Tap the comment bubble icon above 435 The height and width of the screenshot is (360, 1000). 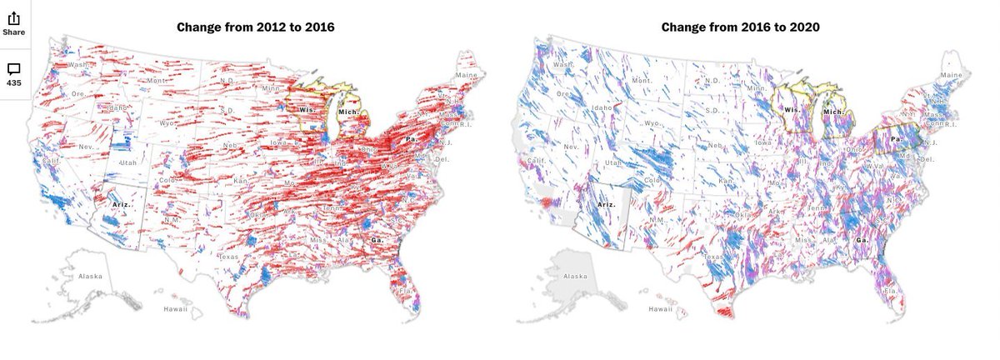click(13, 68)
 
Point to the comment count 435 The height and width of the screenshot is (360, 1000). click(13, 83)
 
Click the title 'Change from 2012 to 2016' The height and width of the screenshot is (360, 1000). click(256, 27)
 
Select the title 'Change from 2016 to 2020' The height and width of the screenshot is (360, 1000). click(741, 27)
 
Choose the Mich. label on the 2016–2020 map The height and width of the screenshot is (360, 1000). click(833, 111)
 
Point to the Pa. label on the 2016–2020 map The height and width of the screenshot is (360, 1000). click(897, 139)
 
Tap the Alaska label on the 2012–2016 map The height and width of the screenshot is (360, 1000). click(89, 276)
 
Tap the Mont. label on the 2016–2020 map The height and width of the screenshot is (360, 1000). click(642, 81)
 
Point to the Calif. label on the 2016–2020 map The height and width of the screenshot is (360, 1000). click(537, 161)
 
